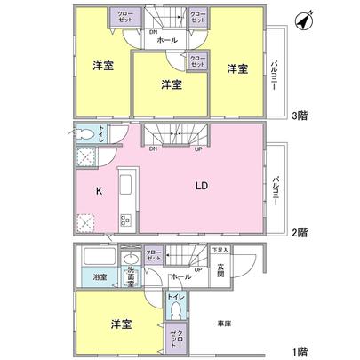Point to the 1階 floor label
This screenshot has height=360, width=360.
(300, 350)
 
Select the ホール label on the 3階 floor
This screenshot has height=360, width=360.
(166, 41)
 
